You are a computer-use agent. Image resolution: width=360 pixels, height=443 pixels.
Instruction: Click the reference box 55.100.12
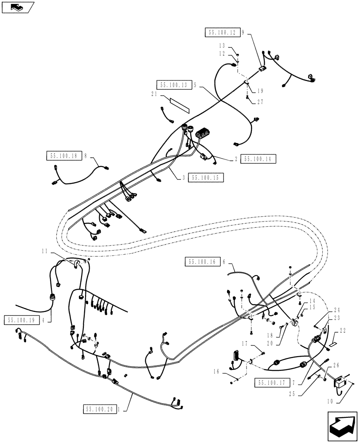[223, 32]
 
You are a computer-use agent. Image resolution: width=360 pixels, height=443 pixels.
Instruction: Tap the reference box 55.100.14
[258, 159]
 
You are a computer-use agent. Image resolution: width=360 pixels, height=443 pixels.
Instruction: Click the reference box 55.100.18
[63, 155]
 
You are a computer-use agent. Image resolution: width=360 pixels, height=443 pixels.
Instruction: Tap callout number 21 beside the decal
[153, 94]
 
